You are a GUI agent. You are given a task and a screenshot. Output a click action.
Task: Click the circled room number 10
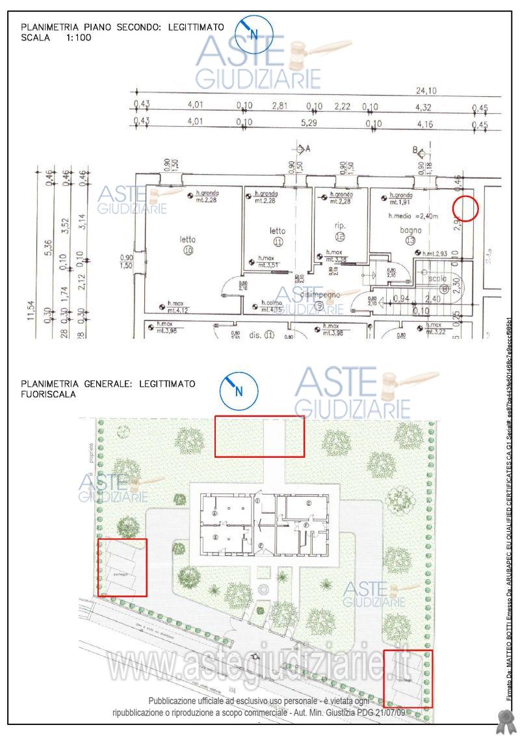click(x=188, y=250)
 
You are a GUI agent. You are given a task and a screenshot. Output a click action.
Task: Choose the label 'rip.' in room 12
click(x=339, y=226)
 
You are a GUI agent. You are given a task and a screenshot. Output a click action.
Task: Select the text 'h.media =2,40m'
click(x=414, y=216)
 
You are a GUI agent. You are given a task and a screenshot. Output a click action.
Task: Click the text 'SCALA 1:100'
click(x=57, y=38)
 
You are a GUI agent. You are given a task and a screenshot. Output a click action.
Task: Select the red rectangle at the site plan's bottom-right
click(x=408, y=678)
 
